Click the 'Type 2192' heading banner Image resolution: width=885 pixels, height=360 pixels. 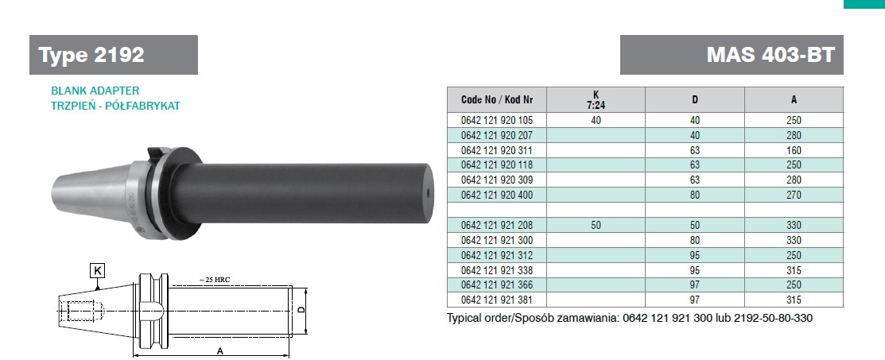point(114,55)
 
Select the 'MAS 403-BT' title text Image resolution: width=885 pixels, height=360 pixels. point(770,55)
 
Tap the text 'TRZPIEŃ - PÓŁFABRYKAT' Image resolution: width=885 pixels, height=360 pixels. point(115,106)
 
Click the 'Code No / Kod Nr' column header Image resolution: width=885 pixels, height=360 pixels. point(497,100)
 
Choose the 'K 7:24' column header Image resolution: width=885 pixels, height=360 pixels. point(596,99)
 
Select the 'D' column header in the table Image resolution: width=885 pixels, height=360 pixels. point(695,100)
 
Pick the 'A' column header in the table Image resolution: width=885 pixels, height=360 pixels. point(794,100)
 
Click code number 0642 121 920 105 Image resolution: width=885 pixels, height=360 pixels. point(497,120)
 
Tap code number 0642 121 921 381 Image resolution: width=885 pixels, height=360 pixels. point(497,300)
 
